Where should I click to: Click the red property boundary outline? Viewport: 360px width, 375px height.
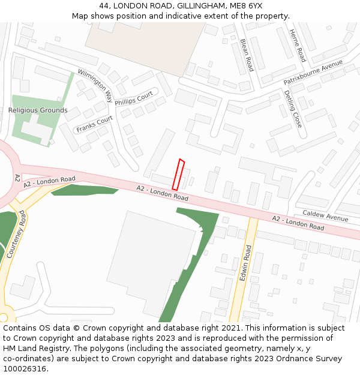(178, 175)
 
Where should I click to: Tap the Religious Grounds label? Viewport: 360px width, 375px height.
(38, 110)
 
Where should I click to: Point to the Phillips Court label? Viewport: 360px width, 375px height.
(134, 98)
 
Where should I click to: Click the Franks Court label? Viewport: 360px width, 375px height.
(94, 124)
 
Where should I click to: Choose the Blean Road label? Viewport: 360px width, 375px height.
(247, 55)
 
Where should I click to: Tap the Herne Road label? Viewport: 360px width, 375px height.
(297, 46)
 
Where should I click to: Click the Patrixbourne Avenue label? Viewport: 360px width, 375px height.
(313, 72)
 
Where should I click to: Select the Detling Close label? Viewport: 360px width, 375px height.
(293, 109)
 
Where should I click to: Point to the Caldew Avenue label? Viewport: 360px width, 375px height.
(325, 215)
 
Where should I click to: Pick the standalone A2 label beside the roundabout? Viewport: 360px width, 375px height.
(17, 178)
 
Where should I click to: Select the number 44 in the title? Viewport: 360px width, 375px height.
(104, 5)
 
